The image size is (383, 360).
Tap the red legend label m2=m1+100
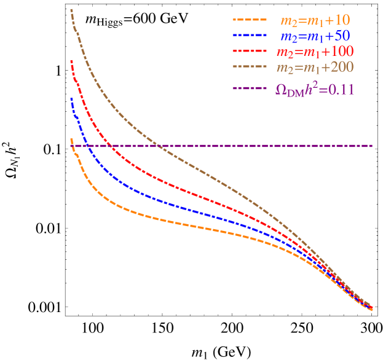click(315, 52)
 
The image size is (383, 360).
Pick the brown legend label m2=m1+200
click(315, 66)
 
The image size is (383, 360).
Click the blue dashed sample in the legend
click(250, 35)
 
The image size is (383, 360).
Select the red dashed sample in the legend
click(250, 51)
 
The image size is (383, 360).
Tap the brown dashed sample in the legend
click(250, 66)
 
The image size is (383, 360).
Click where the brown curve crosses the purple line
click(157, 146)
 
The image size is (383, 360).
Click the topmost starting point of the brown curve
click(71, 10)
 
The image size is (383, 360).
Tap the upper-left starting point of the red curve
click(71, 60)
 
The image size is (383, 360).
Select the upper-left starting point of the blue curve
click(71, 98)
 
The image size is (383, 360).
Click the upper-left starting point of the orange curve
click(71, 139)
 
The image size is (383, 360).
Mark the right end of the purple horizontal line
click(373, 146)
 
